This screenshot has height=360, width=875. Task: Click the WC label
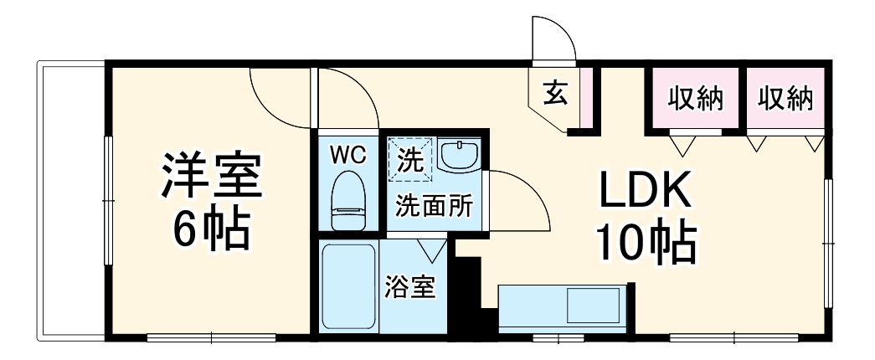[x=347, y=154]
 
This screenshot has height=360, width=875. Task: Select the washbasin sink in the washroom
[x=458, y=156]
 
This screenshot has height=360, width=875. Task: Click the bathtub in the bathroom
[x=348, y=285]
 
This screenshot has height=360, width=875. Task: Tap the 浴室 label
[x=411, y=289]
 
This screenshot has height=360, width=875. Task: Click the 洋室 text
[x=213, y=173]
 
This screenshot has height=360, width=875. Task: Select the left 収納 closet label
[x=694, y=99]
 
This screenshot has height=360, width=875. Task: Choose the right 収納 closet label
[x=785, y=99]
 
